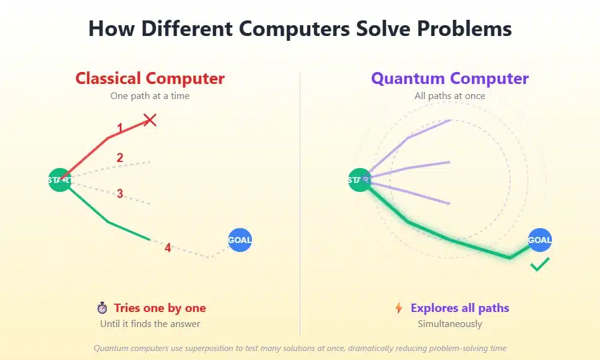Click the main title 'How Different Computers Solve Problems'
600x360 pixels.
(300, 29)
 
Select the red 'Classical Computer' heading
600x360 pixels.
(150, 79)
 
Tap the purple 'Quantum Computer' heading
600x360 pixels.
(450, 79)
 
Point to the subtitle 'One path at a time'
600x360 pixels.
(150, 95)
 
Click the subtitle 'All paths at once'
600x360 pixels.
(450, 95)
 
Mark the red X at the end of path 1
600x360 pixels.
(150, 120)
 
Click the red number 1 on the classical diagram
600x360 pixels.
(120, 128)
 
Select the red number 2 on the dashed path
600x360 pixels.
(120, 158)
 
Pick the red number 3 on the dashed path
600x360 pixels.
(120, 194)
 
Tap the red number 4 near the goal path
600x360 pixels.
(168, 248)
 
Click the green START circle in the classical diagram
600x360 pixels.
(60, 180)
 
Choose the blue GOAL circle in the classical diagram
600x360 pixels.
(240, 240)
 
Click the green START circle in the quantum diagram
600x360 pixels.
(360, 180)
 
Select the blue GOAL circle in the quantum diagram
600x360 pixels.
(540, 240)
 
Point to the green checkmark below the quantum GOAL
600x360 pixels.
(540, 265)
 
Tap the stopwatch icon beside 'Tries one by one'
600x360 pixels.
(102, 308)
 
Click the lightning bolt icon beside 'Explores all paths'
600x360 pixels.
(398, 308)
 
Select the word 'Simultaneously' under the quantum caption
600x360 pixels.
(450, 323)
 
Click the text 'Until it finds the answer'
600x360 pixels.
(150, 323)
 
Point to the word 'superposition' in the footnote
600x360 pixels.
(209, 348)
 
